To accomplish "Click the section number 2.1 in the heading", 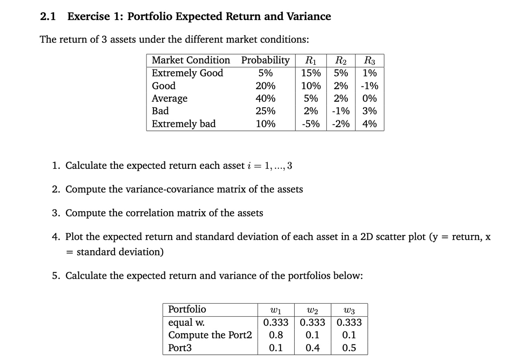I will (x=48, y=17).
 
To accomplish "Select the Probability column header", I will (x=265, y=60).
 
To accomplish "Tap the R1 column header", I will (x=311, y=61).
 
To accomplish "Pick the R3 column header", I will (x=369, y=61).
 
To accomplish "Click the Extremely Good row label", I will (x=187, y=73).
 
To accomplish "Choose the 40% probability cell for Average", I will (x=265, y=98).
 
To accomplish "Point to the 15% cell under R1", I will (x=311, y=73).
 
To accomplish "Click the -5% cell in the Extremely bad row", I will (x=311, y=124).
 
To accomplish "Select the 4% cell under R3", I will (x=369, y=124).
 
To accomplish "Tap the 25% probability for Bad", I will (x=265, y=111).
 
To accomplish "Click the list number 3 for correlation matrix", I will (x=56, y=213).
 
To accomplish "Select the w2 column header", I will (x=312, y=310).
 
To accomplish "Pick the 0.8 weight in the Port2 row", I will (x=275, y=335).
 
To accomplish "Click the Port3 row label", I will (x=180, y=348).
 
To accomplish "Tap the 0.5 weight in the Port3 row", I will (x=349, y=348).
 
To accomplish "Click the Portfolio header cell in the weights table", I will (x=187, y=309).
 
